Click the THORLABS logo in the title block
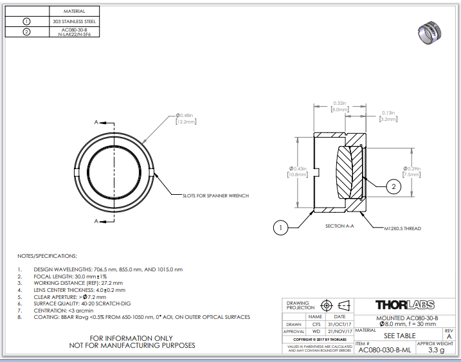[404, 305]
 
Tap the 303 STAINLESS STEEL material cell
[75, 21]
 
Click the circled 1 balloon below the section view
[280, 226]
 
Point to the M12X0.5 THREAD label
[402, 228]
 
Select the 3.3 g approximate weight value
[437, 350]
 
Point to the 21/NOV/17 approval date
[339, 332]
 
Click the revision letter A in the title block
[449, 336]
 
